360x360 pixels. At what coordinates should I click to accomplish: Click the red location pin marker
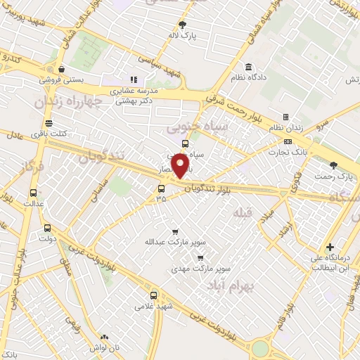click(181, 167)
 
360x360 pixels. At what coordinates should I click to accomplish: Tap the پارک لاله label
click(186, 34)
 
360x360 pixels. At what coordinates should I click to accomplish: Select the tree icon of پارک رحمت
click(334, 165)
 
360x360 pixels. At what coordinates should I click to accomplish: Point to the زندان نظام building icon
click(285, 117)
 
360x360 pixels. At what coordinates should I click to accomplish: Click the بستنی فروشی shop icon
click(64, 70)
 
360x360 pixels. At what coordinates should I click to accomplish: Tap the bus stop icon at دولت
click(48, 228)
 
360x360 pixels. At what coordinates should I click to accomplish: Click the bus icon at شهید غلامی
click(154, 295)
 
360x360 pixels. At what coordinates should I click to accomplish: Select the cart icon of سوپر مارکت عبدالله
click(175, 231)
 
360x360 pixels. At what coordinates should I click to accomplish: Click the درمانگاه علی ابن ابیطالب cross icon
click(330, 247)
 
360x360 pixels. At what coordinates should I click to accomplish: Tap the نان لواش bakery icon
click(105, 337)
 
